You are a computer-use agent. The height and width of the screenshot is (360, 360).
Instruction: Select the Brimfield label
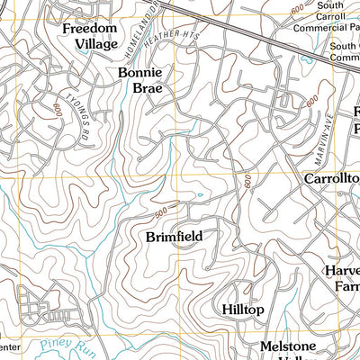click(x=174, y=237)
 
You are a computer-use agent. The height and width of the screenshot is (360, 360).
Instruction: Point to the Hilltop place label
click(x=242, y=310)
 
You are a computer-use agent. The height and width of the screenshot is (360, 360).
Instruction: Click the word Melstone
click(x=284, y=346)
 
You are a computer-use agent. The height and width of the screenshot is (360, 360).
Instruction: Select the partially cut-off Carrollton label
click(x=330, y=179)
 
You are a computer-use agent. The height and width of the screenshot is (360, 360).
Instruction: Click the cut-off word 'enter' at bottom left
click(x=9, y=346)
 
